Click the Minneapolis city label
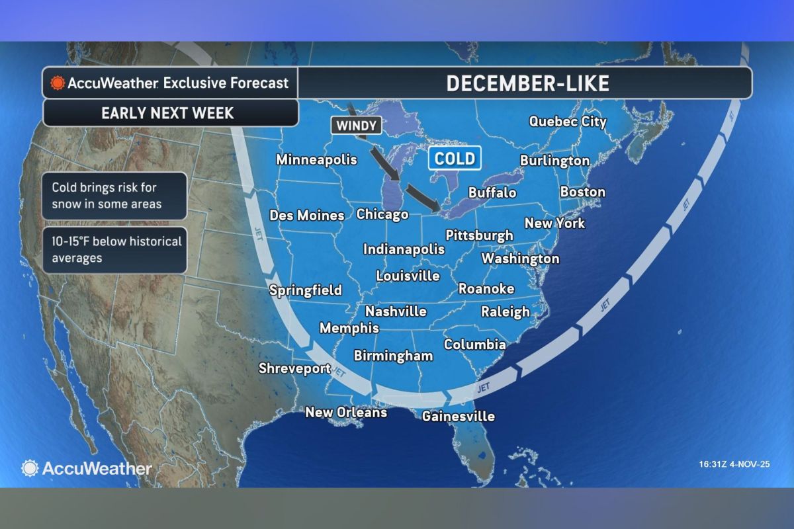click(316, 159)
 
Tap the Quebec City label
click(567, 122)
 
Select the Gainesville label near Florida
click(458, 416)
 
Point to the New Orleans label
click(345, 412)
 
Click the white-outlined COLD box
click(455, 158)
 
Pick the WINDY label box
click(355, 125)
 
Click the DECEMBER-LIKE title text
click(527, 83)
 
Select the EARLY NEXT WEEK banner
click(167, 112)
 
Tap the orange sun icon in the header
click(58, 83)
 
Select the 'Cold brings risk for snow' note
click(107, 196)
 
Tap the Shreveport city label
click(294, 368)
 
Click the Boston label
click(582, 192)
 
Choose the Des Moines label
click(307, 215)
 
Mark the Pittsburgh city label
click(479, 235)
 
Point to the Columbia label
click(474, 345)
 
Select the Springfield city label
click(306, 290)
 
